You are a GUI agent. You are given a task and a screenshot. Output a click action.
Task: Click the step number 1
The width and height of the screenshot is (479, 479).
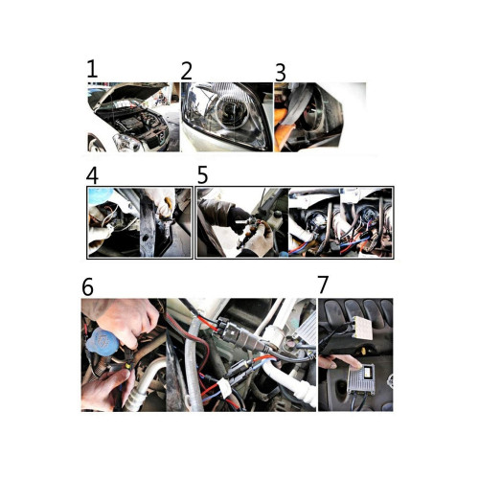coord(92,70)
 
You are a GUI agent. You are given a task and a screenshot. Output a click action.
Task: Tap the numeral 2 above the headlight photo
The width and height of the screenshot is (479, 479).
coord(187,71)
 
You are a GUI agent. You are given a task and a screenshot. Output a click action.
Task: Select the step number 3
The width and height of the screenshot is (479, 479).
coord(281,73)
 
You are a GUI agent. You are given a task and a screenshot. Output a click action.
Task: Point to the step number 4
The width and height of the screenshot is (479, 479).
coord(92,175)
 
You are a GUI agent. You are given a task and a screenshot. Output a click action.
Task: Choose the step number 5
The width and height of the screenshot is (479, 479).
coord(202,174)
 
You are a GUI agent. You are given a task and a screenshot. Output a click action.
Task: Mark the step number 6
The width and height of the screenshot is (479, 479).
coord(87,286)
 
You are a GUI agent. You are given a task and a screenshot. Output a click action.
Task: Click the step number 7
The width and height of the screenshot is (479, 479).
coord(323,285)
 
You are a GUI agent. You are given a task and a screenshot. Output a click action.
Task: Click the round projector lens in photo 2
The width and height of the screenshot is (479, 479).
coord(233,111)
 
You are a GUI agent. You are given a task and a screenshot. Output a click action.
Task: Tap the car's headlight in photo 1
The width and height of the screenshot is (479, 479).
coord(127,143)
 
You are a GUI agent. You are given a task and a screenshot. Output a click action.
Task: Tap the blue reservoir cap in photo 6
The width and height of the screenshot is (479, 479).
coord(103,341)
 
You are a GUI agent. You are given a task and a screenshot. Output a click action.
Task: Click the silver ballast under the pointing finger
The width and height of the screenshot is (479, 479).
coord(361,380)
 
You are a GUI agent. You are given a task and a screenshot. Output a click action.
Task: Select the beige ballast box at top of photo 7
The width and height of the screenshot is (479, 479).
coord(362,328)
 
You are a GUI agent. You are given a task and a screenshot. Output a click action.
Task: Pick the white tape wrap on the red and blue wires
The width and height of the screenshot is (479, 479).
coord(225,389)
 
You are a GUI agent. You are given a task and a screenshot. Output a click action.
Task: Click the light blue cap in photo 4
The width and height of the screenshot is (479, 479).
coord(101,196)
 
